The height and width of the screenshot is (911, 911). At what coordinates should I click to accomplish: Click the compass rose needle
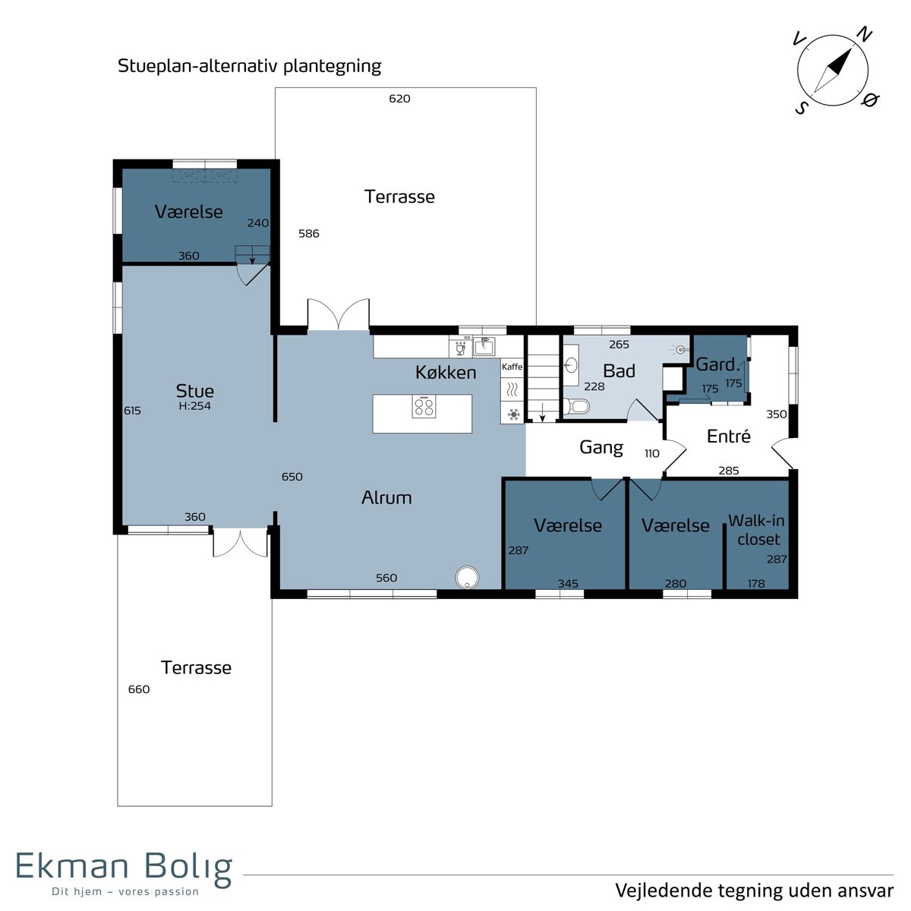click(833, 71)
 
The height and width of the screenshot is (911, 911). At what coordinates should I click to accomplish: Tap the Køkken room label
click(446, 373)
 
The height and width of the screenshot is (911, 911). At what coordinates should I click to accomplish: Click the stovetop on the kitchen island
click(424, 407)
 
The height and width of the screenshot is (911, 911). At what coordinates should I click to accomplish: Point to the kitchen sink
click(484, 346)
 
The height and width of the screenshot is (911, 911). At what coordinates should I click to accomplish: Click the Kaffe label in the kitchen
click(512, 367)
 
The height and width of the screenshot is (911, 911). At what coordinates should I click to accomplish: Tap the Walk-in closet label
click(756, 530)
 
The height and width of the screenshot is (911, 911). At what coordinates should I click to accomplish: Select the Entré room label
click(729, 436)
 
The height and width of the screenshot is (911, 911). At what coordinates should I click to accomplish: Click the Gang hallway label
click(601, 447)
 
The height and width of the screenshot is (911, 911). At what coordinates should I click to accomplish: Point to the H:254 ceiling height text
click(195, 406)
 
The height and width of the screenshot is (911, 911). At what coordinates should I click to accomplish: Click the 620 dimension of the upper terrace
click(399, 99)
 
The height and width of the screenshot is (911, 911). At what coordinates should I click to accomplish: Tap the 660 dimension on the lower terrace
click(139, 689)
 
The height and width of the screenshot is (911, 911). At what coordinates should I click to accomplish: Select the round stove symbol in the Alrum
click(467, 577)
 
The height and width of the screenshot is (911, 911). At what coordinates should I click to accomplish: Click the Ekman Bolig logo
click(125, 875)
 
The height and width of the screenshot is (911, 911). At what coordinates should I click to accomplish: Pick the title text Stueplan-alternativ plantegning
click(249, 66)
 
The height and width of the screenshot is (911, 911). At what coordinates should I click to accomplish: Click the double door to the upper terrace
click(339, 314)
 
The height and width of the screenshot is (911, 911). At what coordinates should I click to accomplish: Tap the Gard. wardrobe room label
click(716, 364)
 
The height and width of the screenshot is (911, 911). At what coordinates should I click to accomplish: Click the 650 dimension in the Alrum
click(292, 477)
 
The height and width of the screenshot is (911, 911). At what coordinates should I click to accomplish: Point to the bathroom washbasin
click(571, 365)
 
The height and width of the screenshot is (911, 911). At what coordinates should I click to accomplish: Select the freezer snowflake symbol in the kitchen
click(513, 415)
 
